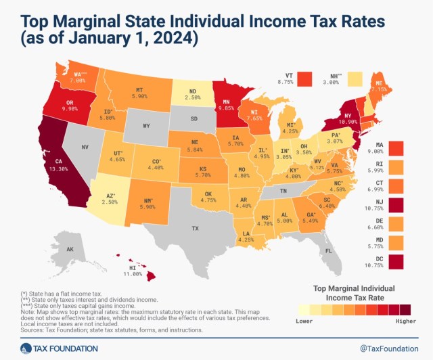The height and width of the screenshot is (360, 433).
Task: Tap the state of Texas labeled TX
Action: pos(195,229)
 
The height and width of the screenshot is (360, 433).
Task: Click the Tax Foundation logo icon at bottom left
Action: pos(24,348)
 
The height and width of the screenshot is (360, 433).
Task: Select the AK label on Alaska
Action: pos(51,249)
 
